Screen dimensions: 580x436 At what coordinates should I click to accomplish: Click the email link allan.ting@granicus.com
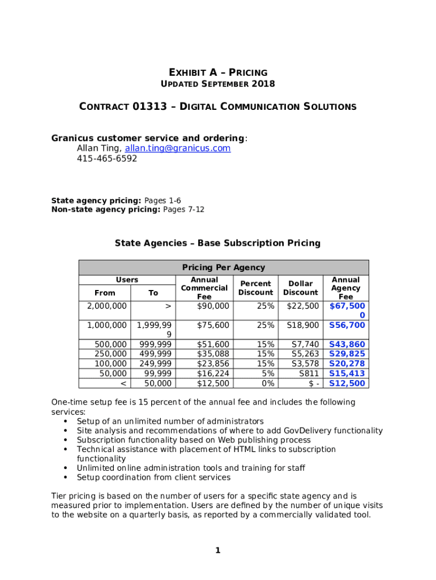coord(178,148)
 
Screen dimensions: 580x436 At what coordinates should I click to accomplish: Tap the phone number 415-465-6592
coord(107,159)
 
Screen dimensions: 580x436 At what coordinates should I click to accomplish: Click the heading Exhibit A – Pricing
coord(218,72)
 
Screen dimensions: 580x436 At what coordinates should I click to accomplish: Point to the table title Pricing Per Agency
coord(223,267)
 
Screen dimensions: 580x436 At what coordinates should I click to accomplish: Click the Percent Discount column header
coord(255,288)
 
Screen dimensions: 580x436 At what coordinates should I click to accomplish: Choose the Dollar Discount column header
coord(300,288)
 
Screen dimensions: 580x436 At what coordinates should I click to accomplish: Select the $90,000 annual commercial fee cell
coord(213,306)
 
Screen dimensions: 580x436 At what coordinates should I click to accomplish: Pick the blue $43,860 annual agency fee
coord(347,344)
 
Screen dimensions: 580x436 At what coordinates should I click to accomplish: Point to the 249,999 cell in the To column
coord(155,364)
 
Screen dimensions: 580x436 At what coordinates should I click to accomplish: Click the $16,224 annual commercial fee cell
coord(213,373)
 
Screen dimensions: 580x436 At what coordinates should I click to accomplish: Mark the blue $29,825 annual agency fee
coord(347,354)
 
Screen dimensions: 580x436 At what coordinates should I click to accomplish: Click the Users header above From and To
coord(127,280)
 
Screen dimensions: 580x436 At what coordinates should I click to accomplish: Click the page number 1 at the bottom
coord(217,551)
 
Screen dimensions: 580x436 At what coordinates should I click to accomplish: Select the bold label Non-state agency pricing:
coord(106,210)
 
